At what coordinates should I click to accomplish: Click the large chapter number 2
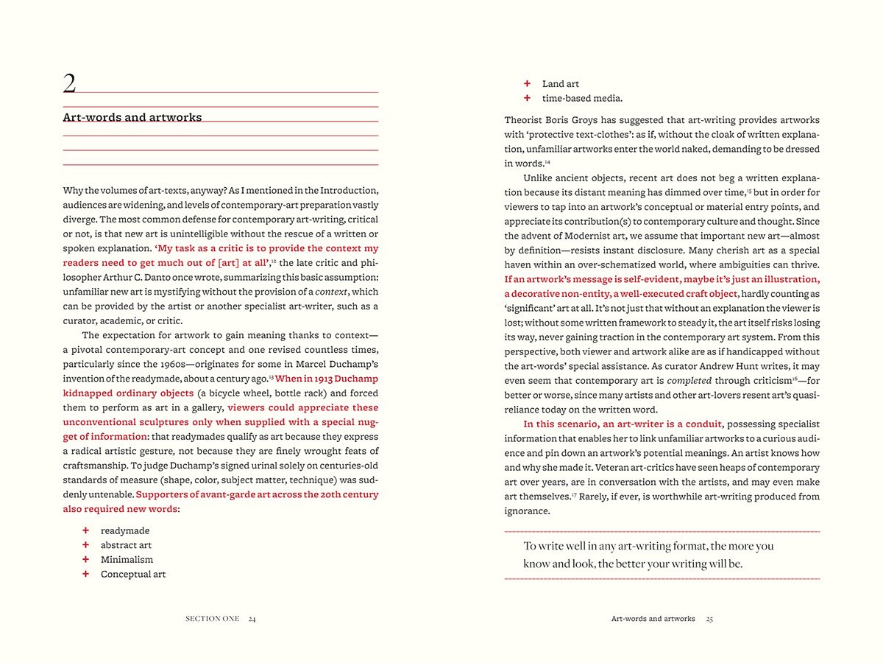click(69, 84)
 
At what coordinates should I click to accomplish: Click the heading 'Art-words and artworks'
click(132, 117)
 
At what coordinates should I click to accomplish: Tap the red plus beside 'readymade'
click(85, 530)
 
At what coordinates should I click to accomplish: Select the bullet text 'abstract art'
click(126, 545)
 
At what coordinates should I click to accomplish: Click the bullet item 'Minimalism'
click(127, 560)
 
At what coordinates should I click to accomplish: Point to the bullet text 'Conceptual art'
click(133, 575)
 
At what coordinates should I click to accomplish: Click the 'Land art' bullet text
click(561, 84)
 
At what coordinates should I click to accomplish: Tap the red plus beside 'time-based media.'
click(527, 98)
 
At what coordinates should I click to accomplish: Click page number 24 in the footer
click(252, 619)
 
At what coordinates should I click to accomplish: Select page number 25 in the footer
click(709, 619)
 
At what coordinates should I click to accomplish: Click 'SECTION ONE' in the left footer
click(212, 619)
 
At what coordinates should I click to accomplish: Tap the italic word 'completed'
click(689, 381)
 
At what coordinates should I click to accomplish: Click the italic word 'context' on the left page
click(330, 292)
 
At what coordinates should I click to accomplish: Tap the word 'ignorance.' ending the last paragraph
click(527, 511)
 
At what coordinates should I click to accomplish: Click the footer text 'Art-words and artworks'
click(653, 619)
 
